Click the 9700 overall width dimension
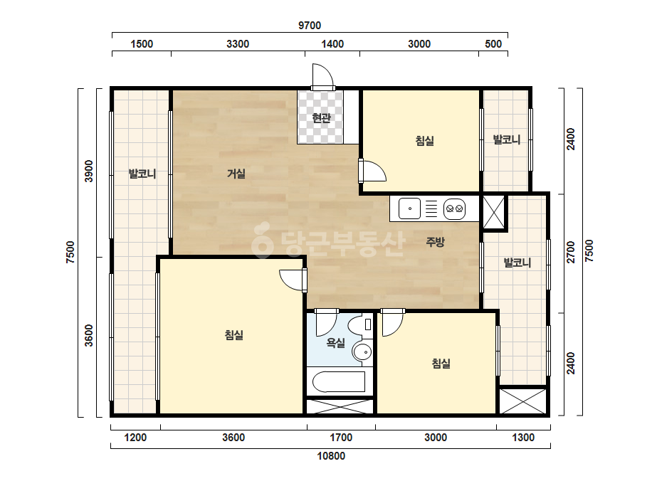(x=310, y=25)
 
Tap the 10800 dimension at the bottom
(x=331, y=456)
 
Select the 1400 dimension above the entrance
(x=332, y=44)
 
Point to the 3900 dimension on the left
(x=89, y=171)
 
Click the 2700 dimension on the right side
(x=571, y=252)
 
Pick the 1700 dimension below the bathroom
(x=341, y=438)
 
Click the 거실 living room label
(x=236, y=174)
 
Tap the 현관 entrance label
(x=321, y=117)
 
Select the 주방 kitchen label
(x=435, y=242)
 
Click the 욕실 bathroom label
(x=336, y=343)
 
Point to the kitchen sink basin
(x=409, y=208)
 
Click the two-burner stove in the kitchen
(x=454, y=208)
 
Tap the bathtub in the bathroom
(x=339, y=381)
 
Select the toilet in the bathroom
(x=360, y=325)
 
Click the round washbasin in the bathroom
(x=362, y=352)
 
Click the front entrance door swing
(x=322, y=76)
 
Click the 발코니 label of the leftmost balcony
(x=142, y=174)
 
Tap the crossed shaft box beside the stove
(x=494, y=213)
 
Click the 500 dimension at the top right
(x=493, y=44)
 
